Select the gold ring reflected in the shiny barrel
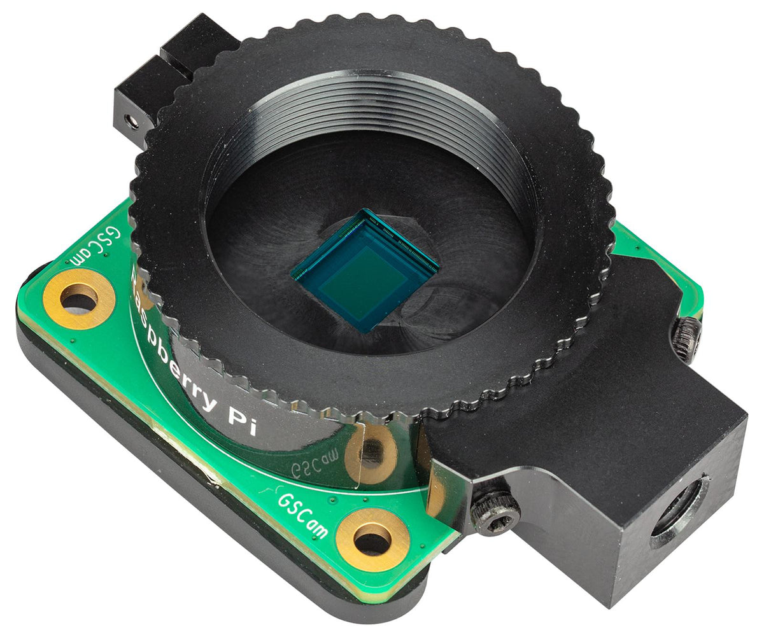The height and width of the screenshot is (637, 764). [x=372, y=453]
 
